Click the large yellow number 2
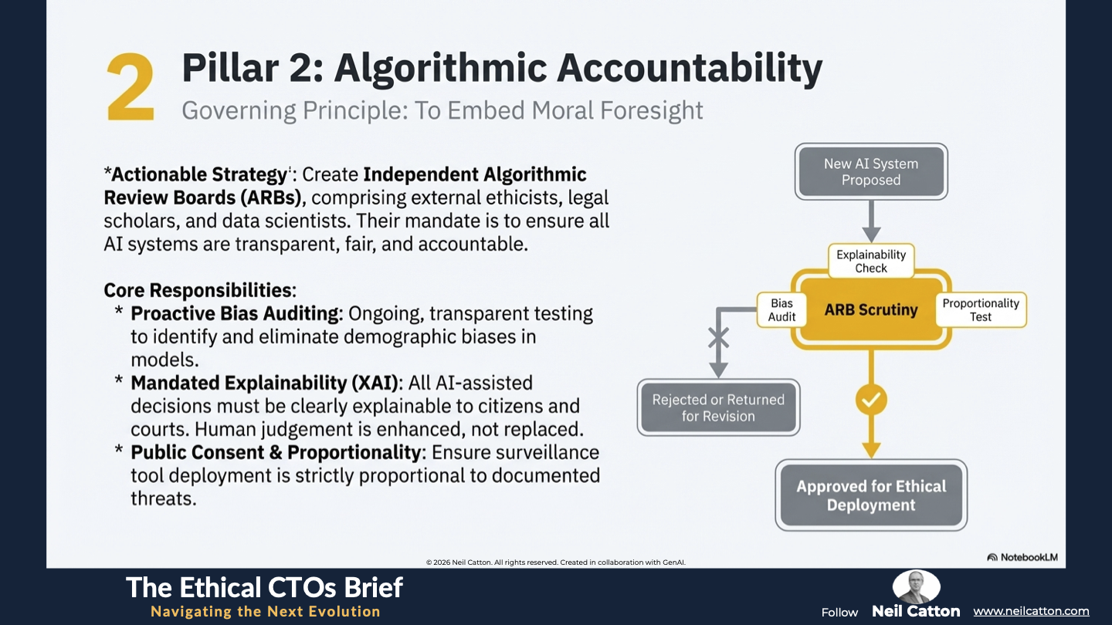tap(131, 87)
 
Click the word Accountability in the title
tap(690, 69)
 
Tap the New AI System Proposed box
tap(871, 171)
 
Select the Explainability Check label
tap(871, 262)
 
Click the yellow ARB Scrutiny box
tap(871, 310)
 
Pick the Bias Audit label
tap(781, 310)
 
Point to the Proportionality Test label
tap(981, 310)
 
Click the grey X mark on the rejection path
tap(718, 338)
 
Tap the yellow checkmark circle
tap(871, 400)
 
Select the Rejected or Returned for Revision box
tap(718, 407)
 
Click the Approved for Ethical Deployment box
tap(871, 495)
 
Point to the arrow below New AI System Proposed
tap(871, 221)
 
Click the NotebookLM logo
tap(1022, 558)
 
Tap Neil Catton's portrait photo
tap(916, 586)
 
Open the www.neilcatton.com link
tap(1031, 611)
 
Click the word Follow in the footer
tap(839, 613)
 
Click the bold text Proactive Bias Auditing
tap(237, 314)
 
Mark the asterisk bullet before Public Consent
tap(119, 450)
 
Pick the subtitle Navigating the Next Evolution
tap(266, 612)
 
